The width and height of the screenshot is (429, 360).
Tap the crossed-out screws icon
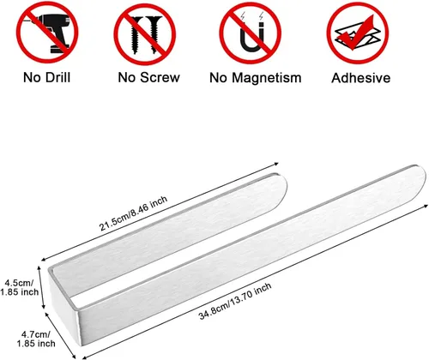click(145, 35)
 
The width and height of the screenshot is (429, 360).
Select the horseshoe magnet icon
click(251, 37)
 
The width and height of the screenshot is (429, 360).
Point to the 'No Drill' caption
click(46, 77)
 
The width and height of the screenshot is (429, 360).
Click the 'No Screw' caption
click(149, 77)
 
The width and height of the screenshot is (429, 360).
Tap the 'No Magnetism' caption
click(256, 78)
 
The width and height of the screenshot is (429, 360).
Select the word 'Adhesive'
click(361, 78)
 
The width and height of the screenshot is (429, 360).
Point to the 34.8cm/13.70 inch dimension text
click(235, 301)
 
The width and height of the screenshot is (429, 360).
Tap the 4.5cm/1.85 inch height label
click(19, 287)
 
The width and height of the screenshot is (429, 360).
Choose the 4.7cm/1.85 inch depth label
click(36, 339)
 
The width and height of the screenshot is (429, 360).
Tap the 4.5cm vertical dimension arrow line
click(42, 287)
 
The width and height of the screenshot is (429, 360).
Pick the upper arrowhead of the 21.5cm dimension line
click(275, 164)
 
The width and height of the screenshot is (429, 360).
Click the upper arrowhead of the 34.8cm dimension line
click(426, 206)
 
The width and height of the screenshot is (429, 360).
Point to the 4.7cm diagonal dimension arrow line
click(61, 335)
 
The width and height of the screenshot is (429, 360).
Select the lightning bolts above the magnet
click(251, 16)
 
